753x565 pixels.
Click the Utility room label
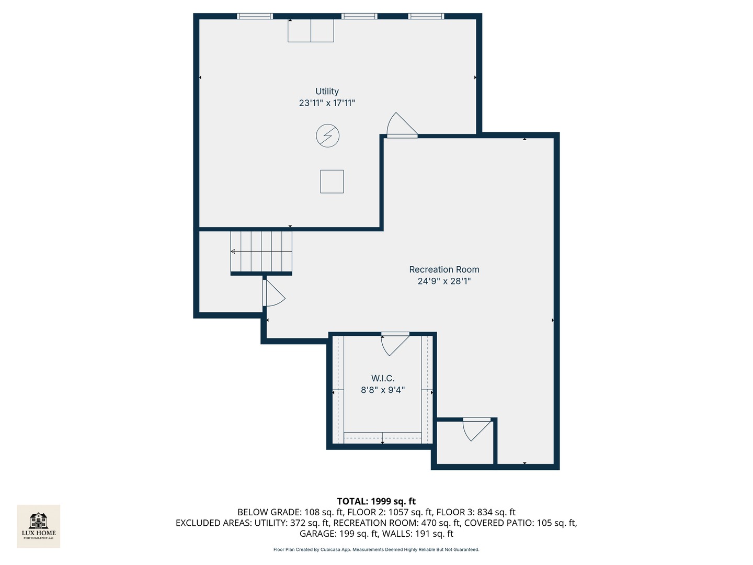tap(327, 91)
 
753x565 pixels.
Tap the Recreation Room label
tap(444, 269)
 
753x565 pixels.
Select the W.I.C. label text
tap(383, 378)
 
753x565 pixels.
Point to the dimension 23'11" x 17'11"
tap(327, 103)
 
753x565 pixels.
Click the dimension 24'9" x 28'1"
tap(444, 281)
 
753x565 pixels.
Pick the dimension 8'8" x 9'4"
tap(383, 390)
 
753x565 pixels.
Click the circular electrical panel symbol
tap(328, 135)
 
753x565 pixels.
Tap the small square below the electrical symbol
tap(332, 182)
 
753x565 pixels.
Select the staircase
tap(261, 252)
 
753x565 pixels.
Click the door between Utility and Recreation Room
tap(402, 125)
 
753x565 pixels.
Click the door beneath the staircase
tap(274, 293)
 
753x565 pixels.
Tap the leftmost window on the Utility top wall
tap(255, 16)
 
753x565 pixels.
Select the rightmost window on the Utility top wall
tap(426, 16)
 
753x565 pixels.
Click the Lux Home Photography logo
tap(38, 526)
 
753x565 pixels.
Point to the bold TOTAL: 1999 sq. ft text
tap(376, 501)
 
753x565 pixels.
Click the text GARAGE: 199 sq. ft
tap(339, 534)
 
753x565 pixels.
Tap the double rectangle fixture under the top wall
tap(311, 30)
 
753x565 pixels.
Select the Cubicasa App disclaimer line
tap(376, 549)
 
